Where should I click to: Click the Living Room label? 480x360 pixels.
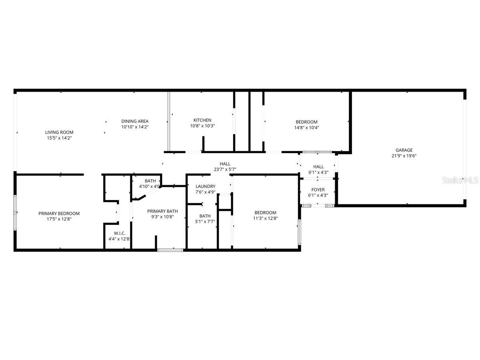coord(59,132)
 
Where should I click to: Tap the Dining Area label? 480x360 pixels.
coord(135,121)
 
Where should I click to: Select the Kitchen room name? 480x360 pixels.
coord(202,120)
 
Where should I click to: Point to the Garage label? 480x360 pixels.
coord(404,150)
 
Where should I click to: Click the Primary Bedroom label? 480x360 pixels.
coord(59,214)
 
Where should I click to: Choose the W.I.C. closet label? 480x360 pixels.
coord(119,233)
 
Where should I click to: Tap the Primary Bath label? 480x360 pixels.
coord(162,211)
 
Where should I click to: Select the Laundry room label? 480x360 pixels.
coord(205,186)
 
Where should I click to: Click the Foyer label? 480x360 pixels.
coord(318,190)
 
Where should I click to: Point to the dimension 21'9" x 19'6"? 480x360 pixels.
coord(404,156)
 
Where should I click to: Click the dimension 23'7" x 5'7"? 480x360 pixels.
coord(225,169)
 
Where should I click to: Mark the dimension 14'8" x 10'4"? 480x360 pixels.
coord(306,128)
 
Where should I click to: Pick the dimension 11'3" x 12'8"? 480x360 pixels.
coord(265,218)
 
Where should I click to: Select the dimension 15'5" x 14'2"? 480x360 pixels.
coord(59,138)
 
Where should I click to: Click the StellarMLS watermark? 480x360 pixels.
coord(460,180)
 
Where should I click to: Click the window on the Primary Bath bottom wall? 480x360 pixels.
coord(170,250)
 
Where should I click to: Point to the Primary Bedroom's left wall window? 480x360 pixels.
coord(15,212)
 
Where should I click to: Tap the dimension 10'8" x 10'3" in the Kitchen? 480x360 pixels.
coord(202,126)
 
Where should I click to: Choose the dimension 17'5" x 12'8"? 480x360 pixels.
coord(59,219)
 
